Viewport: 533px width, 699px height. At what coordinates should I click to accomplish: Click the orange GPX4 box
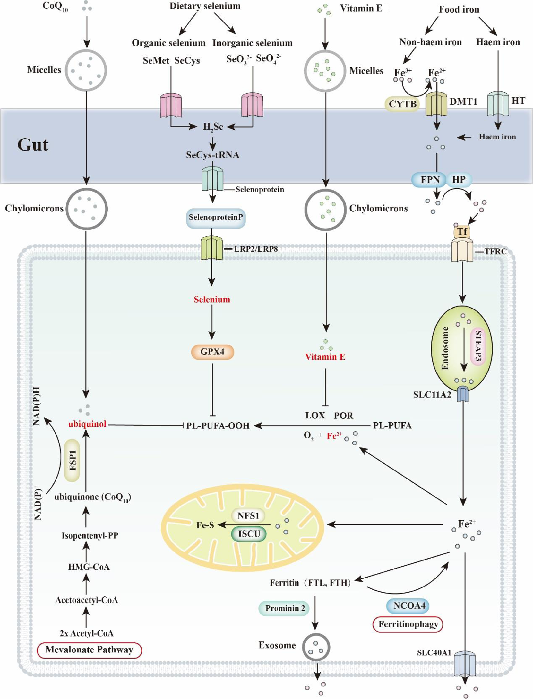pos(212,352)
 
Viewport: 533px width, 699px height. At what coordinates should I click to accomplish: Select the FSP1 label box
pos(72,460)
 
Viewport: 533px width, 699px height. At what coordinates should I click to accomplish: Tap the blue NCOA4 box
pos(408,606)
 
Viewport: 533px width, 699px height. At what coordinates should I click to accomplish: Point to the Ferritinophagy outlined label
pos(408,624)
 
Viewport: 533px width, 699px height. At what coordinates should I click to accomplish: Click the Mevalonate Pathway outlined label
pos(89,650)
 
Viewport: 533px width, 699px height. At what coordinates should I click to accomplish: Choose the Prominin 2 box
pos(284,608)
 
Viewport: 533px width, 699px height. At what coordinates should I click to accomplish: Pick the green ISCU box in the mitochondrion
pos(249,534)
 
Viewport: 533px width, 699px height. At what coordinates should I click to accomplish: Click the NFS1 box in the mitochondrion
pos(248,516)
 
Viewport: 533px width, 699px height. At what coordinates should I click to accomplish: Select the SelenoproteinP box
pos(216,217)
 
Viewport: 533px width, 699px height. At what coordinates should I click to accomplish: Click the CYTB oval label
pos(402,104)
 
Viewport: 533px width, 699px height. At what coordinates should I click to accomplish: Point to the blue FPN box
pos(429,180)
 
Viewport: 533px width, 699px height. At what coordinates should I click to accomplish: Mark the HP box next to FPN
pos(459,179)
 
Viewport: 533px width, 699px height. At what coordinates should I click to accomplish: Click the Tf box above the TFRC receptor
pos(462,231)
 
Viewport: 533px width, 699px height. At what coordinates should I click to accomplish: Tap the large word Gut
pos(33,145)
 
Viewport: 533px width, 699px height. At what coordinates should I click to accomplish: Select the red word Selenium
pos(212,300)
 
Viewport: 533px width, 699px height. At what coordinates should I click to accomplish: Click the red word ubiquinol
pos(87,424)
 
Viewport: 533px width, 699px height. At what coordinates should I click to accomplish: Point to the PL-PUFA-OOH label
pos(218,426)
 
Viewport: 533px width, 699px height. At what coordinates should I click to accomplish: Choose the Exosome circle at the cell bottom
pos(316,647)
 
